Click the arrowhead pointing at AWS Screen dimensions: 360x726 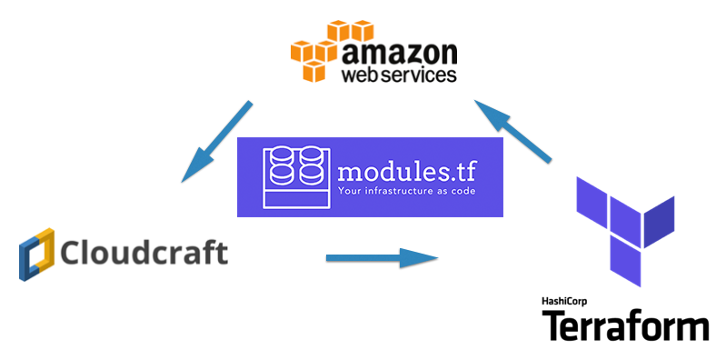pyautogui.click(x=486, y=111)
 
